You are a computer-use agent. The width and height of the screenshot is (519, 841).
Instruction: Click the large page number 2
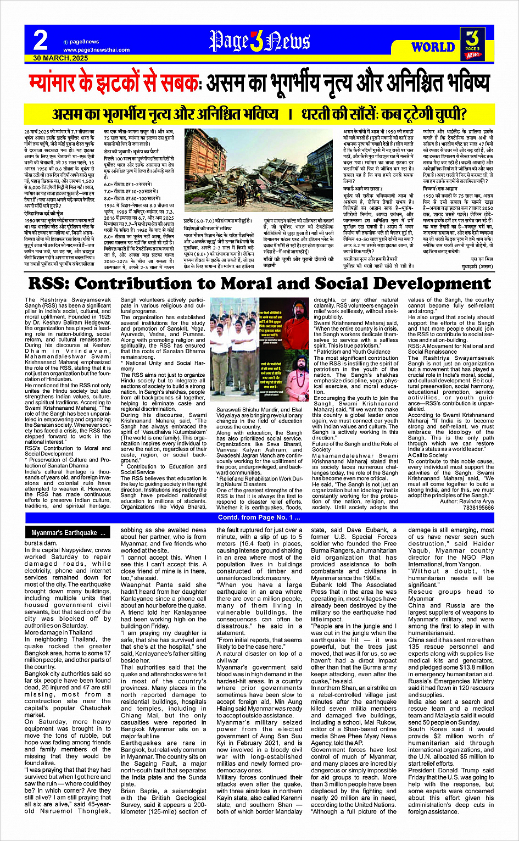tap(40, 40)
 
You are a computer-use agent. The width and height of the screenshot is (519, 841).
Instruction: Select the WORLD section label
tap(433, 47)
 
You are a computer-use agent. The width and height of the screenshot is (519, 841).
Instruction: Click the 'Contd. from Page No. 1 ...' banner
tap(259, 517)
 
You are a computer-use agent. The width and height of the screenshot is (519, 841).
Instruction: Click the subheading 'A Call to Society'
tap(428, 455)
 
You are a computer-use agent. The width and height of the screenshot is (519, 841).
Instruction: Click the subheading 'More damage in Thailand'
tap(59, 632)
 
